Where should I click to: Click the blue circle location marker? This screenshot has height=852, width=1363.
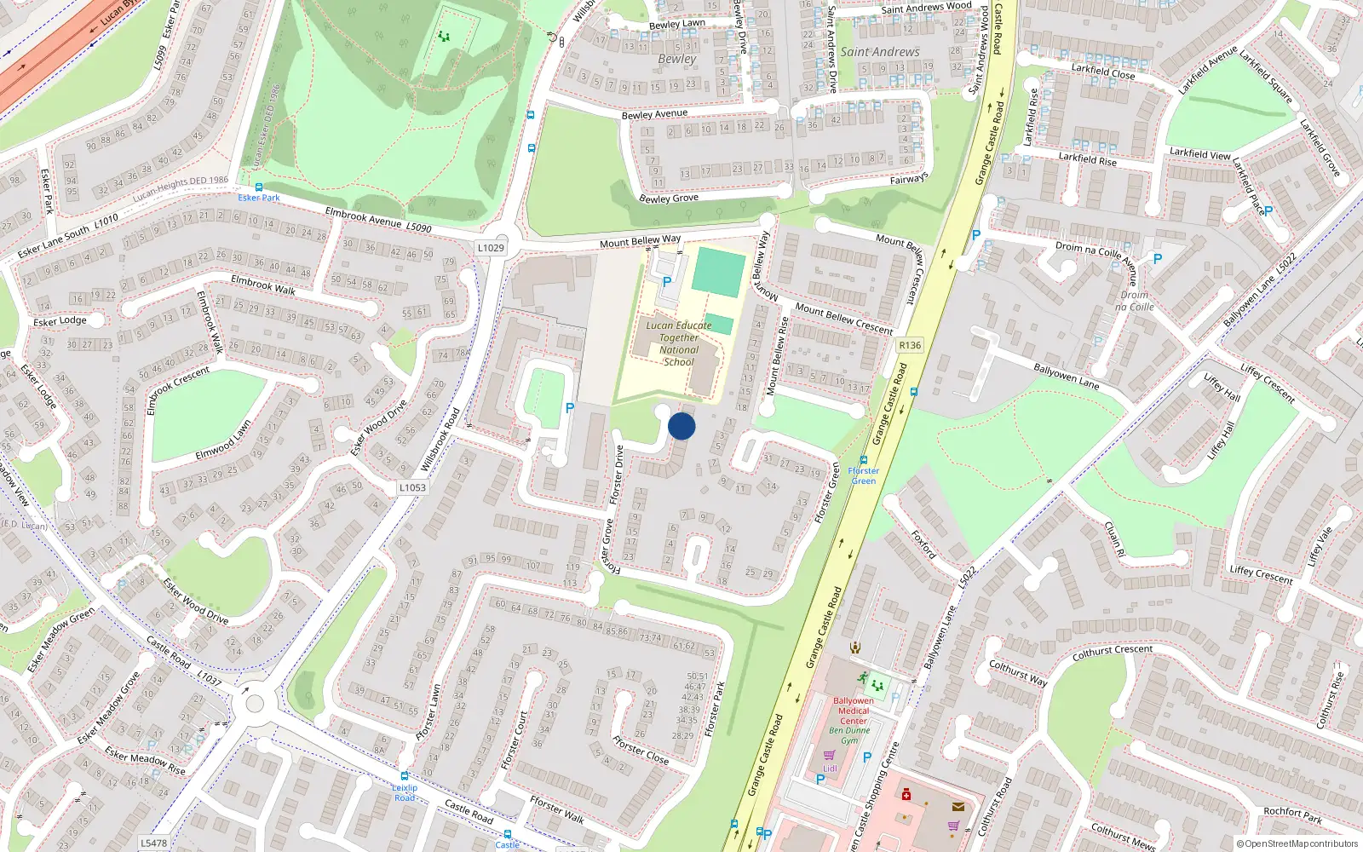(681, 426)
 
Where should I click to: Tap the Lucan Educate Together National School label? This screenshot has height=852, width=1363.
(679, 343)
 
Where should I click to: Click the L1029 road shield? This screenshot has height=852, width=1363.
(491, 248)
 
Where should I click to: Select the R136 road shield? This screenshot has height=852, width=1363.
(910, 345)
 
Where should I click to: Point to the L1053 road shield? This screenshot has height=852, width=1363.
(412, 488)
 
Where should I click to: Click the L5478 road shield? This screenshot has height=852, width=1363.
(154, 843)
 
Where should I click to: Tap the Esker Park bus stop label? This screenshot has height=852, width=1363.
(259, 198)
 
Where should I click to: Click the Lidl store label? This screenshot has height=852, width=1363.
(830, 769)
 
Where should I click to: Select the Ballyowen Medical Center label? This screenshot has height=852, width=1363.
(854, 711)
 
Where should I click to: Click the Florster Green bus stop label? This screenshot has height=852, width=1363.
(863, 475)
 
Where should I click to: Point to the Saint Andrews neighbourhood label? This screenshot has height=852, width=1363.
(880, 52)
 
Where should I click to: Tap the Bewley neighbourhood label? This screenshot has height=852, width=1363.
(677, 59)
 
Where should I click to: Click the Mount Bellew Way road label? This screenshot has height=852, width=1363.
(640, 242)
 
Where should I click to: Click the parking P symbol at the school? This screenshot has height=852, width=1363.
(667, 281)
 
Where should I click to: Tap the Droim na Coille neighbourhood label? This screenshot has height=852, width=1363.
(1135, 301)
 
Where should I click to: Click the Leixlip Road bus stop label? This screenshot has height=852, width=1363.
(405, 792)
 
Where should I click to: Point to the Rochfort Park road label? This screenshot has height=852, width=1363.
(1292, 815)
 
